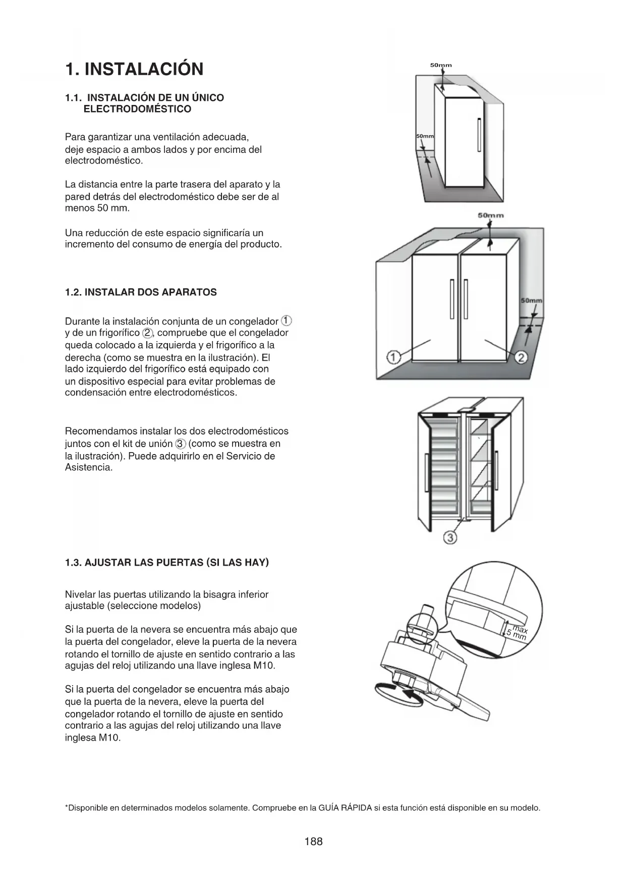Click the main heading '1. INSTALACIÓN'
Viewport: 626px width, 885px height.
[134, 69]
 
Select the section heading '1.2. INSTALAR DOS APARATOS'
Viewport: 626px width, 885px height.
[141, 292]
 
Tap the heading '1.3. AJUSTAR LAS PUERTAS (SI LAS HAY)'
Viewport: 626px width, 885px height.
[166, 562]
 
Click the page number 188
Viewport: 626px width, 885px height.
[313, 841]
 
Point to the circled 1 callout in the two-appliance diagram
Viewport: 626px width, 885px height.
[393, 358]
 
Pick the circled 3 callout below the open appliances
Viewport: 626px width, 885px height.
[450, 538]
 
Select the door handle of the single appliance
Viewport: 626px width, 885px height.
[478, 134]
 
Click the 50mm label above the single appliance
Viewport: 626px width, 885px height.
[441, 65]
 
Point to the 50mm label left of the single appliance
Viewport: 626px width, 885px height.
[425, 137]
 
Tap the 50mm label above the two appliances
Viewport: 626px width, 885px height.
[490, 215]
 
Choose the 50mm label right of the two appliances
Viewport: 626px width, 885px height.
[531, 301]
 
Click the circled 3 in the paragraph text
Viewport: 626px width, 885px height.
[181, 444]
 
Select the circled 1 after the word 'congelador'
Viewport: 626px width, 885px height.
[286, 321]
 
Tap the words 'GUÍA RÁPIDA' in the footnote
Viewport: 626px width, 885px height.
[345, 808]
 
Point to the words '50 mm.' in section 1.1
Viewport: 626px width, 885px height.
[113, 208]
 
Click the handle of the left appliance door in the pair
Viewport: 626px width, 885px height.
[451, 298]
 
